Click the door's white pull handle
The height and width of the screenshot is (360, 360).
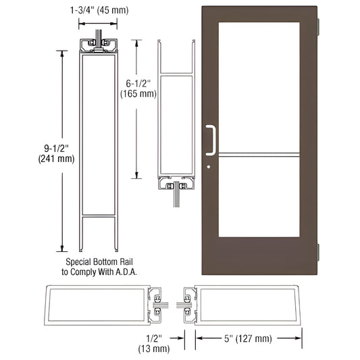click(212, 140)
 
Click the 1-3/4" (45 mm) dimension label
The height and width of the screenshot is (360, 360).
click(101, 10)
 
